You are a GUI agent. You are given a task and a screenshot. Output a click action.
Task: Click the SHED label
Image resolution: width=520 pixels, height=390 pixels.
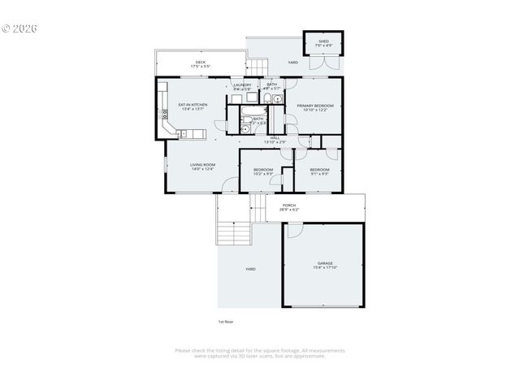[323, 41]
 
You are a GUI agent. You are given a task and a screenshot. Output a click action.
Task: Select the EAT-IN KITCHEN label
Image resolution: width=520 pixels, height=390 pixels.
[193, 105]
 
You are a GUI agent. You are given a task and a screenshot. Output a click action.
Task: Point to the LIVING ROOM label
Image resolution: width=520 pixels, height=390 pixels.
[202, 165]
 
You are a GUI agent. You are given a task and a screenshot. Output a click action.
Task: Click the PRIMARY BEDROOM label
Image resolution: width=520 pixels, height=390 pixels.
[315, 106]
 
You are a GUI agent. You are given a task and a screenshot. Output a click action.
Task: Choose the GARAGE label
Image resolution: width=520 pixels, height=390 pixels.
[325, 263]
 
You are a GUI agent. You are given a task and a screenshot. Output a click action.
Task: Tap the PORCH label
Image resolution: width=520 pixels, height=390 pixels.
[288, 206]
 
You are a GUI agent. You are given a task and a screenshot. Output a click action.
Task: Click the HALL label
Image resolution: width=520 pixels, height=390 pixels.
[275, 138]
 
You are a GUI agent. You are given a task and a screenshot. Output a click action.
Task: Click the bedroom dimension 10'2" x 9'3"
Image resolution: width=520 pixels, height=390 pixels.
[262, 173]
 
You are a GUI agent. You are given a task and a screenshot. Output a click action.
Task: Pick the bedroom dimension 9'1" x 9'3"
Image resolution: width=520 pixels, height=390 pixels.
[318, 173]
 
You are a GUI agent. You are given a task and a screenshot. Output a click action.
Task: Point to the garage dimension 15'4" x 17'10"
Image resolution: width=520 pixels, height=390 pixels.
[325, 268]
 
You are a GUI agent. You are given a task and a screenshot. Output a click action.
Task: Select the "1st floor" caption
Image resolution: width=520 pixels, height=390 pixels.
[226, 322]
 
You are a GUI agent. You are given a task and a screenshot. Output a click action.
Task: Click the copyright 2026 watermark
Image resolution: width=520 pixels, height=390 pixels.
[19, 28]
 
